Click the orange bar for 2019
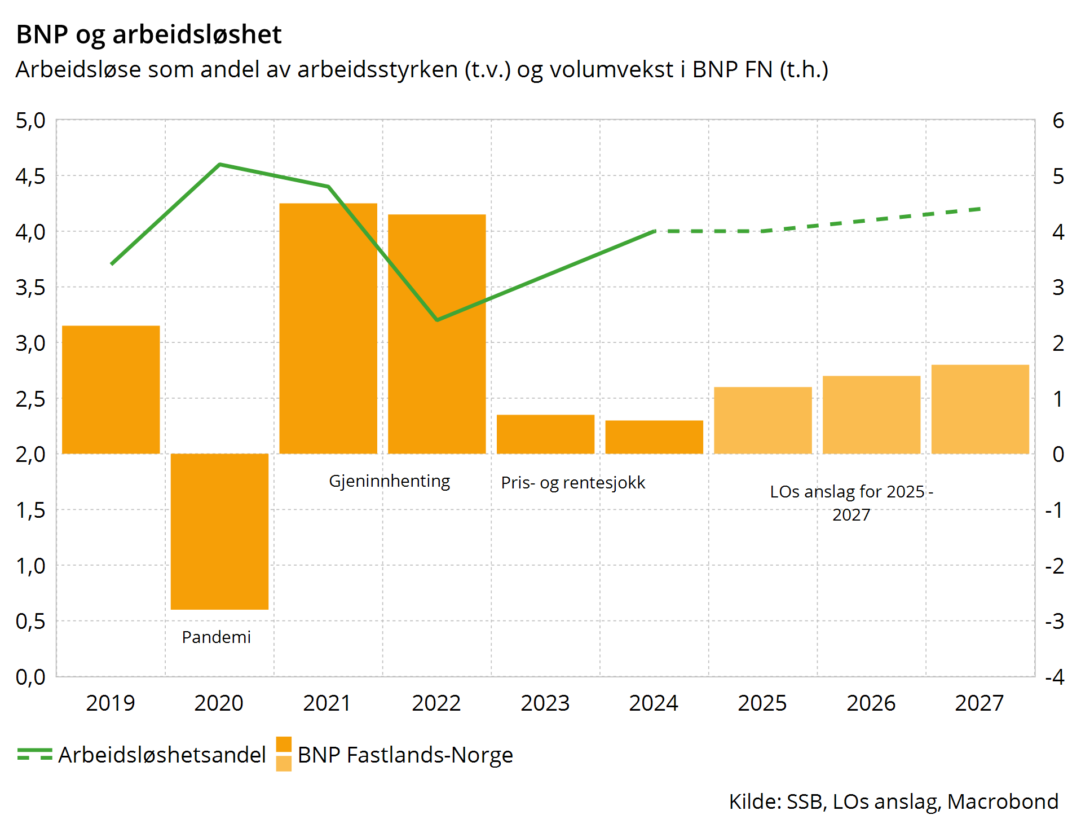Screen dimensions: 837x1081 click(111, 389)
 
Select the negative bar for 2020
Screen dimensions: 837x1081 click(219, 531)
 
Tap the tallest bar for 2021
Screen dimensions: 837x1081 click(328, 328)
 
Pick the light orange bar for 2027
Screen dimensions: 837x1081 click(980, 409)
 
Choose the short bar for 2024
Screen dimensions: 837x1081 click(654, 437)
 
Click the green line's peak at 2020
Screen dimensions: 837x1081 click(219, 165)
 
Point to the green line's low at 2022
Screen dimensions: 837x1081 click(437, 320)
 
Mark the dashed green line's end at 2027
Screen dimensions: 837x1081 click(980, 209)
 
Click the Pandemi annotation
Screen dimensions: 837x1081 click(217, 637)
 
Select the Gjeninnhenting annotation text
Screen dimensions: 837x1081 click(390, 481)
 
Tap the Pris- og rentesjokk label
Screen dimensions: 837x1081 click(573, 483)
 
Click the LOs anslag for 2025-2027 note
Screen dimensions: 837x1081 click(851, 503)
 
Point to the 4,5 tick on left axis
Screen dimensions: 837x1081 click(30, 176)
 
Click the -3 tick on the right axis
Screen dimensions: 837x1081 click(1054, 621)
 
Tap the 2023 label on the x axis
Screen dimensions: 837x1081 click(545, 703)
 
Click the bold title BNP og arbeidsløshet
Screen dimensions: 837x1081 click(149, 34)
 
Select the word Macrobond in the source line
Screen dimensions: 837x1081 click(1003, 801)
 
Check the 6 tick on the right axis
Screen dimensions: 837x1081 click(1058, 121)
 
